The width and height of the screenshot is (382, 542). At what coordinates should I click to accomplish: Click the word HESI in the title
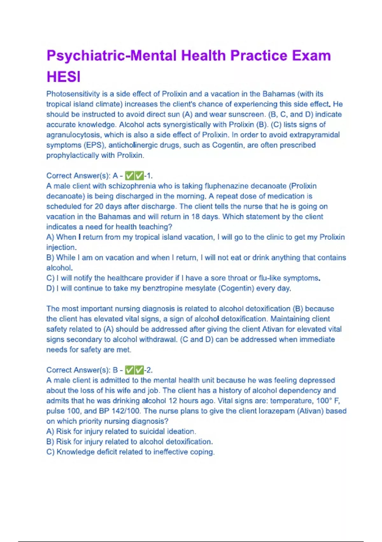click(63, 77)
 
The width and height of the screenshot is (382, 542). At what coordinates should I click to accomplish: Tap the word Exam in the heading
click(311, 55)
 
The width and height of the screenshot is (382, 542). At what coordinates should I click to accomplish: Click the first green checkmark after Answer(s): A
click(130, 176)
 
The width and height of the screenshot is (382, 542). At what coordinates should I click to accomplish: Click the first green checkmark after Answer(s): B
click(130, 370)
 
